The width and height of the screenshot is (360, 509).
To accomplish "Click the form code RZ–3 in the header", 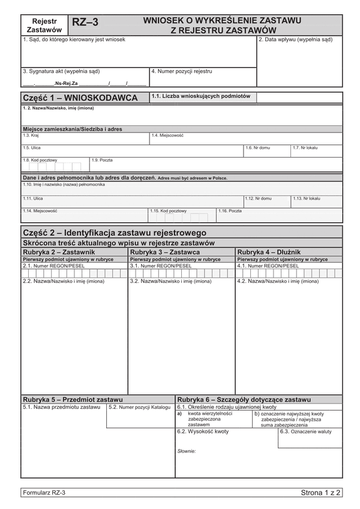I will (x=85, y=23).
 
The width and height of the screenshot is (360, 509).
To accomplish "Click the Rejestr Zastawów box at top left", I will (x=44, y=25).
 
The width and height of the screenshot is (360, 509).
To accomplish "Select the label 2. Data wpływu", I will (x=295, y=40).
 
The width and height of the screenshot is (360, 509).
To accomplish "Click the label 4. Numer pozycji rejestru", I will (x=182, y=71).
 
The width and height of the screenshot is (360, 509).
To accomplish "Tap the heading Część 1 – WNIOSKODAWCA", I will (x=80, y=98).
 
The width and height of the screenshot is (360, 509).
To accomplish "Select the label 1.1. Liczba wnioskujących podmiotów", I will (x=200, y=95).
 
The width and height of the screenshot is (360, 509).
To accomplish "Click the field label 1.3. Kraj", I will (x=31, y=135).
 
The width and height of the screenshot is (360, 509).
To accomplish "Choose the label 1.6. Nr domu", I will (x=257, y=147).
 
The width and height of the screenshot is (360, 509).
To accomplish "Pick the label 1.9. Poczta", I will (x=102, y=160).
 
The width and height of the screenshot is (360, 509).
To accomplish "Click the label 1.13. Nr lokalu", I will (x=307, y=198).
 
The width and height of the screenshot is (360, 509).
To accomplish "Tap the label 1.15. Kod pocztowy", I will (x=168, y=211).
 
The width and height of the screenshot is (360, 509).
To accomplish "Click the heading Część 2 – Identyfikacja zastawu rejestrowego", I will (x=114, y=233).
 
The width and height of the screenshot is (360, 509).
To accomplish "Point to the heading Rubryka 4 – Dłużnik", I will (x=269, y=252).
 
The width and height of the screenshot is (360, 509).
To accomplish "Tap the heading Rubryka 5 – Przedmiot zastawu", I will (x=73, y=399).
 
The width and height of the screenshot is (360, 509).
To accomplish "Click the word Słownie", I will (x=187, y=450).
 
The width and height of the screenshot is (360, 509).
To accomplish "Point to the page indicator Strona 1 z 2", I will (x=321, y=493).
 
